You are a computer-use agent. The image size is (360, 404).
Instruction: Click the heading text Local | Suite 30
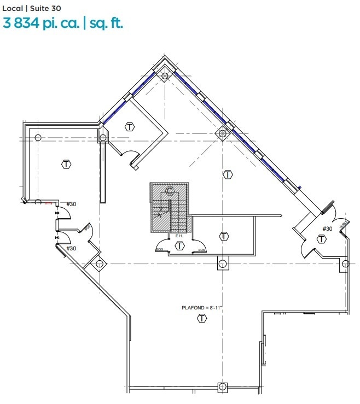[31, 9]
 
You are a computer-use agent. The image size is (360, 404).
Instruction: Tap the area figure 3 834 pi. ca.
[42, 24]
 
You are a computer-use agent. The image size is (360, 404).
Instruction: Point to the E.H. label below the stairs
[179, 236]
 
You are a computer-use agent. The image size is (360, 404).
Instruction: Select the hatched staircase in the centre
[170, 208]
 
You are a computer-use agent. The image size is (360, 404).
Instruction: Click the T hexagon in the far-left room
[66, 163]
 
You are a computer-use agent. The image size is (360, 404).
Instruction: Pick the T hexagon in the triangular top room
[130, 127]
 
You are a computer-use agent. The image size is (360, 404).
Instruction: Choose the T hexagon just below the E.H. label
[179, 246]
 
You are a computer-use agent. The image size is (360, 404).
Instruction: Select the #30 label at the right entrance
[327, 229]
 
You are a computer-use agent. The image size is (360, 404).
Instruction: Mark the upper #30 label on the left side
[71, 204]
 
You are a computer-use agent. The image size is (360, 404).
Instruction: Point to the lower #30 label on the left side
[71, 248]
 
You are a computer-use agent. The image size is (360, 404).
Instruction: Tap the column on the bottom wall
[222, 388]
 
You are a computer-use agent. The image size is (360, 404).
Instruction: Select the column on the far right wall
[346, 264]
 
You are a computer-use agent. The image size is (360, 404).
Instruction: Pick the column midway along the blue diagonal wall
[222, 133]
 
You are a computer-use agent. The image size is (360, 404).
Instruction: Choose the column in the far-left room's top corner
[38, 137]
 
